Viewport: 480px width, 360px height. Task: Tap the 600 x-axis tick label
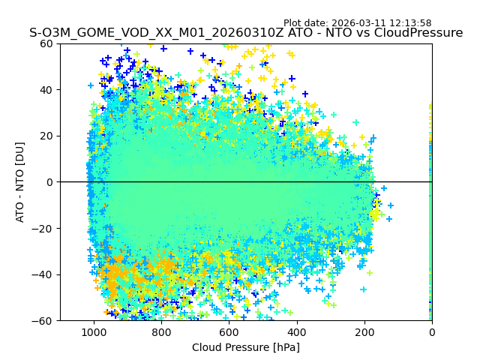[229, 331]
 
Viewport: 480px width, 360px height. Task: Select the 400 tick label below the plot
[296, 331]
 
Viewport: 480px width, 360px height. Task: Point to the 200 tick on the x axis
[364, 331]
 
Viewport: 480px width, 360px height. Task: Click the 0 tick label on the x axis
[431, 331]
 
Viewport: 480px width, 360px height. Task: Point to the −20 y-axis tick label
[45, 228]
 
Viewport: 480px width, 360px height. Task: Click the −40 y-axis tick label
[45, 274]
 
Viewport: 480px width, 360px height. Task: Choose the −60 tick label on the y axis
[45, 320]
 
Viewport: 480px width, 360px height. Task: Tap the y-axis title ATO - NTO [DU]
[20, 182]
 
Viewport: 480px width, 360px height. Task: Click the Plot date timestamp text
[357, 23]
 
